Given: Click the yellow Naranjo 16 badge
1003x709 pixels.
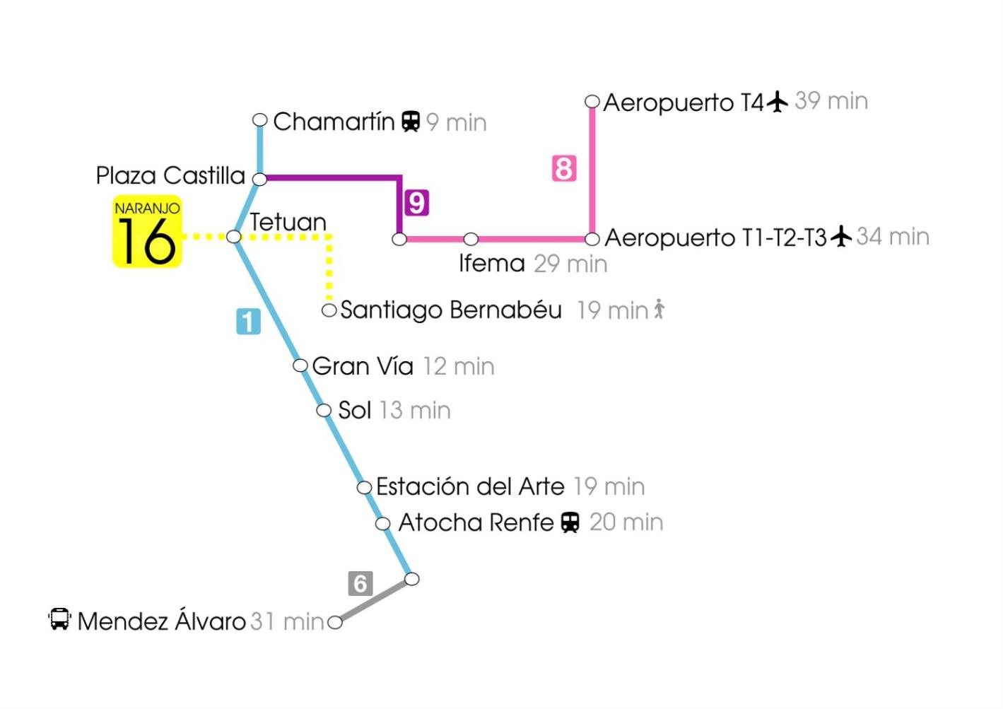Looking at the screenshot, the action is point(147,232).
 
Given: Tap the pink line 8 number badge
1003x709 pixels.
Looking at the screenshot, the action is point(564,168).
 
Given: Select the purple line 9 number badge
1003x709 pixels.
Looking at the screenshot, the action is point(416,202).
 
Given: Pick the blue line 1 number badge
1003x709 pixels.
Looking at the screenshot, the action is point(249,322).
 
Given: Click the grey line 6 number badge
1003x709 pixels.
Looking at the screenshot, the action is point(360,584).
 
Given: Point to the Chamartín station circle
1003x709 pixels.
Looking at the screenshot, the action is point(259,120).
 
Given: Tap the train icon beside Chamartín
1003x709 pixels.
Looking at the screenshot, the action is point(411,121).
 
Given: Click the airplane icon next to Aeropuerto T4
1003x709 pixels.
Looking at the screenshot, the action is point(777,101).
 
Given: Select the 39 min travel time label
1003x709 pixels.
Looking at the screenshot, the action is point(831,101).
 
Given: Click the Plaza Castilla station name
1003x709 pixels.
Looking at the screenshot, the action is point(170,175).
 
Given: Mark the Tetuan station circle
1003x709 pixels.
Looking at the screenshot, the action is point(234,237).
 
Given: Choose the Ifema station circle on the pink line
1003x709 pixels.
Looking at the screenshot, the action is point(471,239).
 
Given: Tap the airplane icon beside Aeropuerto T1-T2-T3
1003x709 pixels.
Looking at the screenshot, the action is point(841,236).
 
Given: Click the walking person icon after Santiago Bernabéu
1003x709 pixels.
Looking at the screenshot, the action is point(659,309).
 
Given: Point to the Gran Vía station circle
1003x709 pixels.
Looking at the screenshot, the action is point(300,365).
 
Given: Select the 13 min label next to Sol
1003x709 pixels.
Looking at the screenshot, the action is point(415,410).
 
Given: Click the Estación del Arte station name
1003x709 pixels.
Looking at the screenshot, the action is point(470,486).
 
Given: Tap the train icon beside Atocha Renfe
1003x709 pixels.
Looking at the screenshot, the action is point(570,522).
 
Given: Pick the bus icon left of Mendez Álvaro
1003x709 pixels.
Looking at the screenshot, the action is point(59,619).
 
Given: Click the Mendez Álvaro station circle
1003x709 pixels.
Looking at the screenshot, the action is point(335,623).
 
